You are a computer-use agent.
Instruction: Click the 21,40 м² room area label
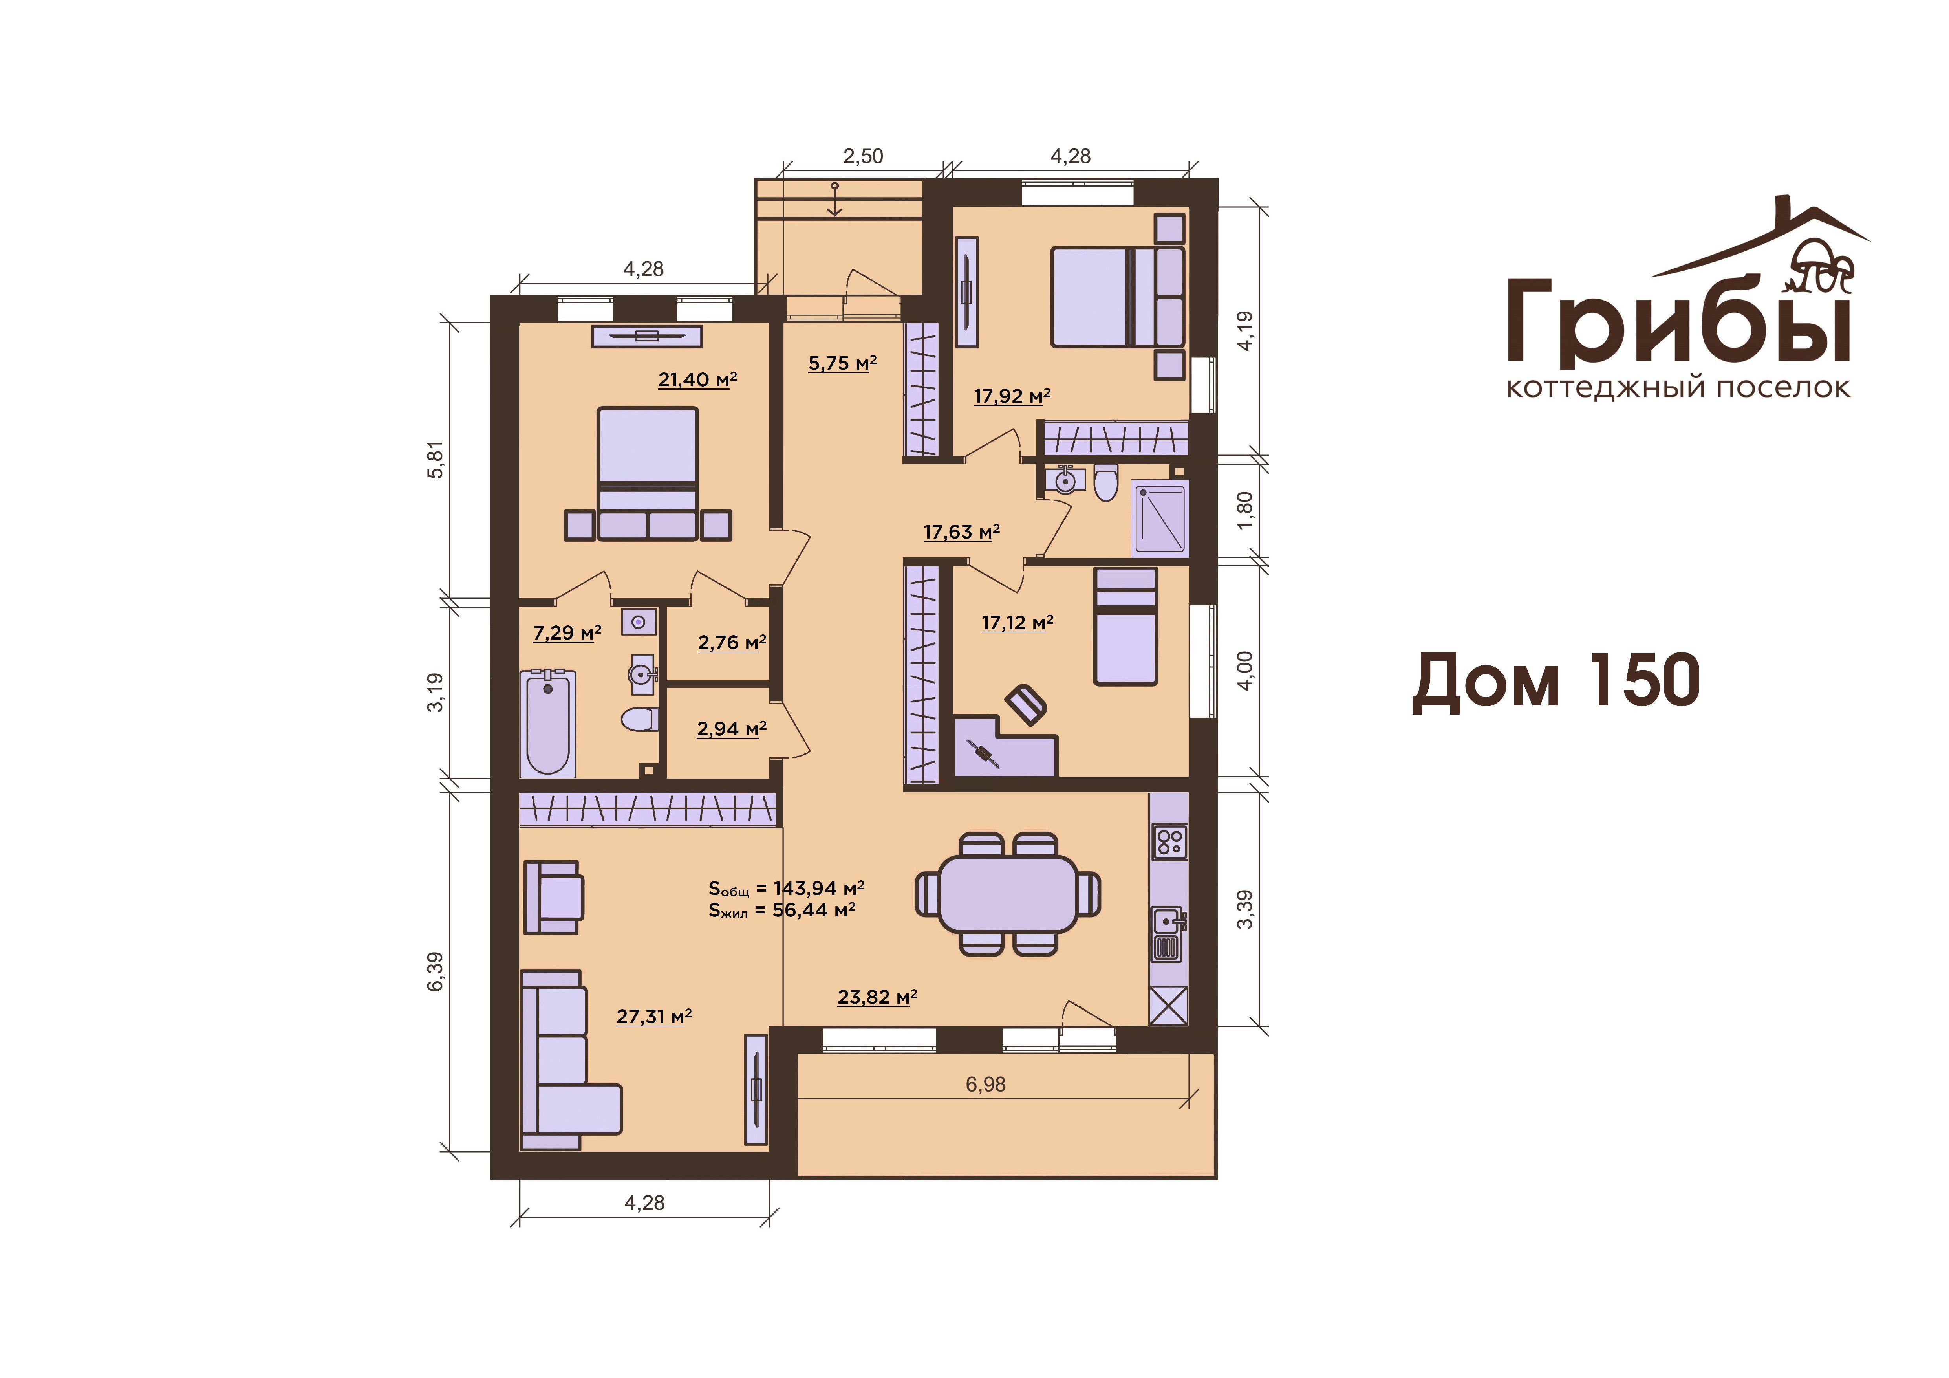tap(697, 379)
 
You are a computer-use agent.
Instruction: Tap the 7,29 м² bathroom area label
tap(567, 632)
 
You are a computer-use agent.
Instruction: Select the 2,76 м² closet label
tap(732, 643)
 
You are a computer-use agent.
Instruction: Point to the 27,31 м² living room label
tap(653, 1016)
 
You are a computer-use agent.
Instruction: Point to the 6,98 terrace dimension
tap(986, 1084)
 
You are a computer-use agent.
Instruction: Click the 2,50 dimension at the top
tap(862, 156)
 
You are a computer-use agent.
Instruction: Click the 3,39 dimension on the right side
tap(1244, 909)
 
